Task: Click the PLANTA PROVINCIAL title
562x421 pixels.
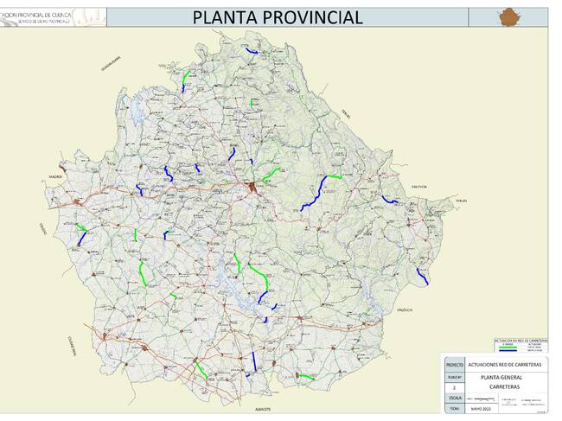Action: [x=278, y=17]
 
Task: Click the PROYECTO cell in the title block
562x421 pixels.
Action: [x=454, y=366]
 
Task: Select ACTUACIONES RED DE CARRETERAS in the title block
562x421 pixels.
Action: [x=506, y=366]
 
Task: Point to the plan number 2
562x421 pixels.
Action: [x=454, y=388]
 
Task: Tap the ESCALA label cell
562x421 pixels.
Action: [x=454, y=399]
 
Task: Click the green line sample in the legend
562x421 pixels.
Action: [x=508, y=348]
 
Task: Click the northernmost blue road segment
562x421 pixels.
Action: [x=252, y=53]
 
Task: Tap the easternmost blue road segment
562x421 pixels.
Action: [x=422, y=277]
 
